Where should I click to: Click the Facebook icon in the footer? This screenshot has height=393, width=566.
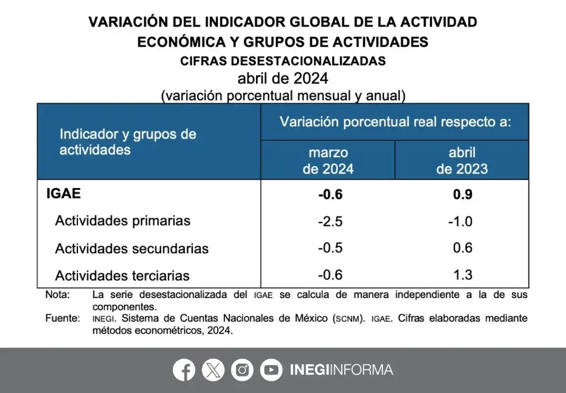184,370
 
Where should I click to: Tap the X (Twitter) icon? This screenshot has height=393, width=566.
213,370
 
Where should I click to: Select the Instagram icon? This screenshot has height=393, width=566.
242,370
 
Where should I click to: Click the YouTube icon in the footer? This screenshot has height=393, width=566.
271,370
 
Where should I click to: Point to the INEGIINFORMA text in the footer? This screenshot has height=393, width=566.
341,370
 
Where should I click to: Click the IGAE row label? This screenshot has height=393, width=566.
64,194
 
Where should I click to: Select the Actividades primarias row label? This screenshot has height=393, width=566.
123,221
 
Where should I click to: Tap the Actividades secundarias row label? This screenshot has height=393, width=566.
132,248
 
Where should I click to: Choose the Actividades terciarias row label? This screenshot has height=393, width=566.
122,275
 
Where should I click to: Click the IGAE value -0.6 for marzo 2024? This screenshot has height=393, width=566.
330,195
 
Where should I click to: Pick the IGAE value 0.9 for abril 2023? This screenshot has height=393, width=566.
462,195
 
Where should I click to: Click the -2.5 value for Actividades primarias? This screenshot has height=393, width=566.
330,221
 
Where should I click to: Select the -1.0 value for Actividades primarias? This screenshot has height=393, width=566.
460,221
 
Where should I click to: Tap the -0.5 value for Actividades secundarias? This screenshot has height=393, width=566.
330,248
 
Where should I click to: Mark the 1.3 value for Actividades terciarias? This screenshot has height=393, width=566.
462,274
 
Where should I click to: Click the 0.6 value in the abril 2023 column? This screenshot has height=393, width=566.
462,248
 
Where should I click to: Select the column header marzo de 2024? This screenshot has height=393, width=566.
328,161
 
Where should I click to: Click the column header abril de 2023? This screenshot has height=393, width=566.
462,161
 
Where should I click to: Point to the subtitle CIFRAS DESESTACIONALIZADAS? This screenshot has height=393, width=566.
283,61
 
